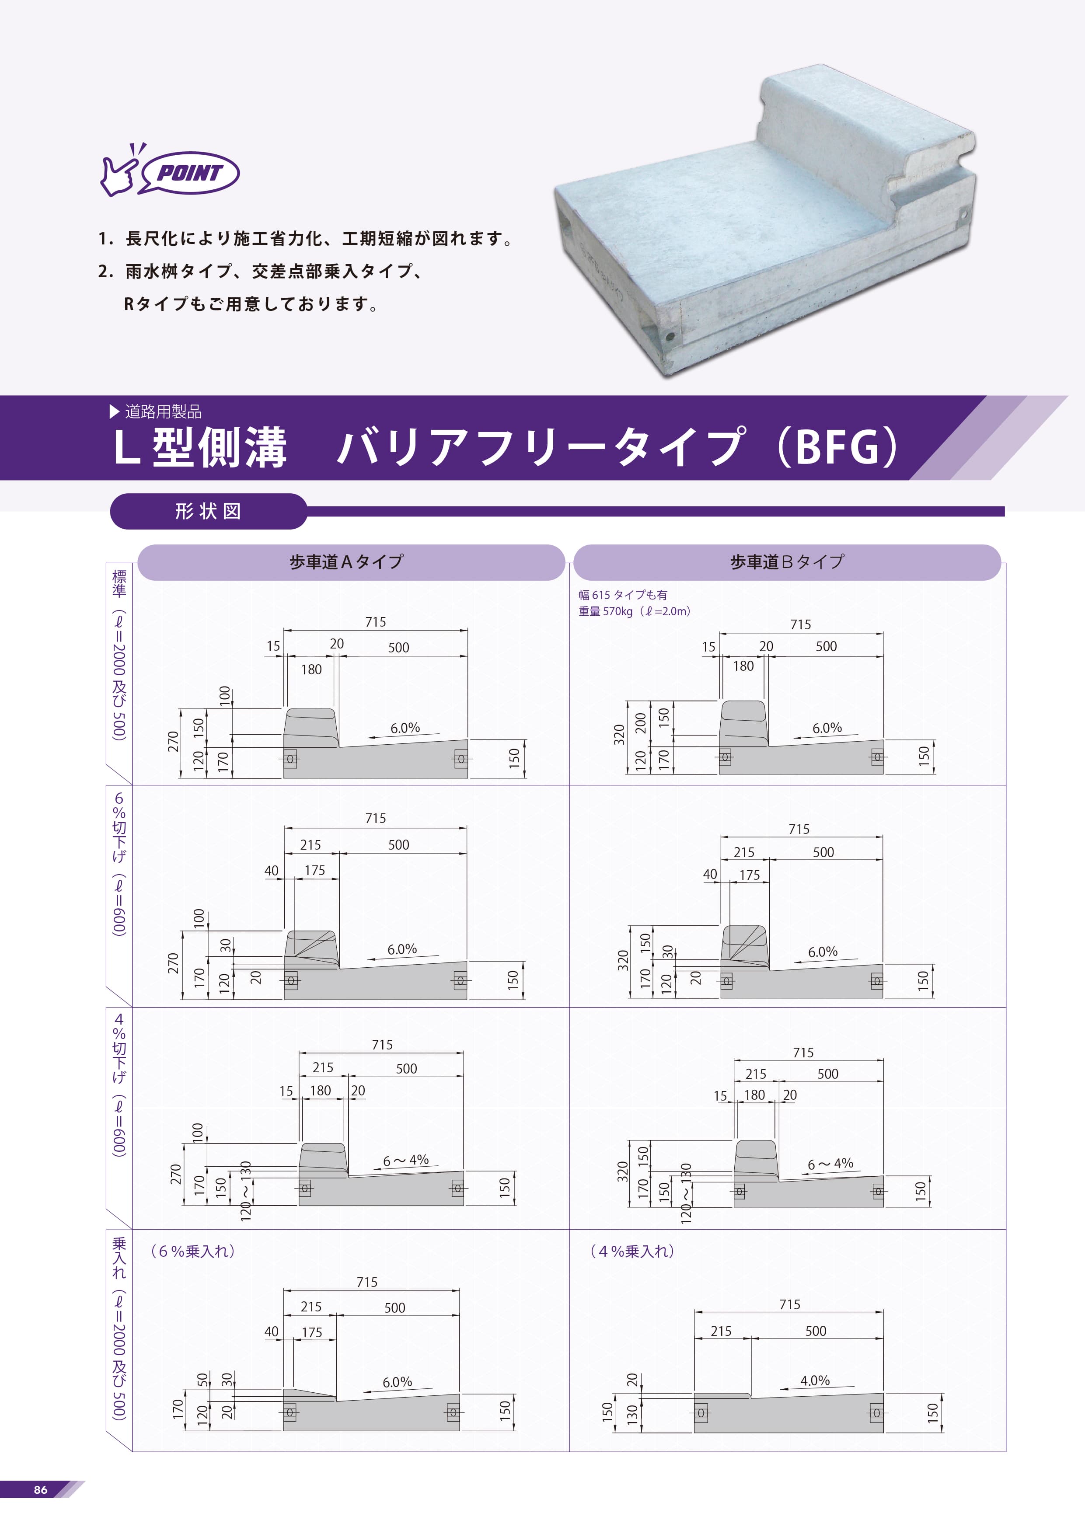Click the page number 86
tap(41, 1489)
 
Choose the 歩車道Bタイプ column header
tap(787, 562)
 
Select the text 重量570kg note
tap(635, 611)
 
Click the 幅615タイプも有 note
tap(623, 595)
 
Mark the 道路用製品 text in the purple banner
tap(163, 411)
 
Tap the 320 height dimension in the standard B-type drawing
tap(619, 734)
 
